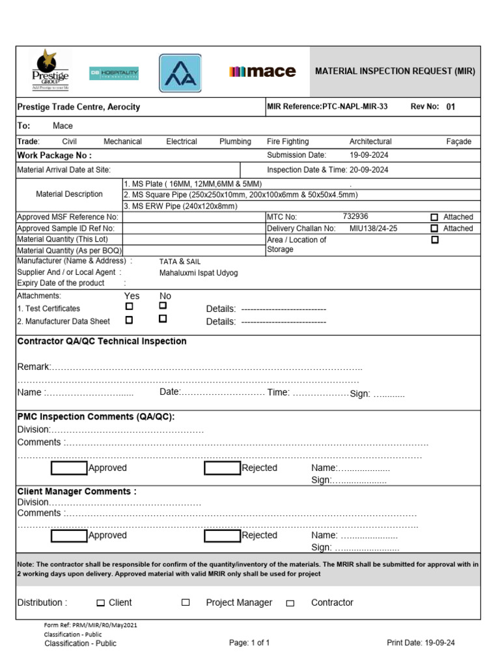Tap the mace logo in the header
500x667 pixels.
262,72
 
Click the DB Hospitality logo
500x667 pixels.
114,73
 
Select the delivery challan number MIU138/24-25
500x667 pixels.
373,229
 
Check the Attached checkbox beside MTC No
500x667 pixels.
435,217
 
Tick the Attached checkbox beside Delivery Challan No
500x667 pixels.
435,229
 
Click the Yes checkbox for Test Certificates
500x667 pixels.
130,306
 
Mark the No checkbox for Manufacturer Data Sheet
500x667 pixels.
163,319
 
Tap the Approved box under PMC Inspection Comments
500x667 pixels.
70,468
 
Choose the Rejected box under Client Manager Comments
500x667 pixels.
222,536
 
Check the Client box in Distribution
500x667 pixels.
100,603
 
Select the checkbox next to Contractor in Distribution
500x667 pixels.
290,603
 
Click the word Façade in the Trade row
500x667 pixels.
459,141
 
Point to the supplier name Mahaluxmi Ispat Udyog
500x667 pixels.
199,273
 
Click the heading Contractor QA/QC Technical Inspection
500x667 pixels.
102,341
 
